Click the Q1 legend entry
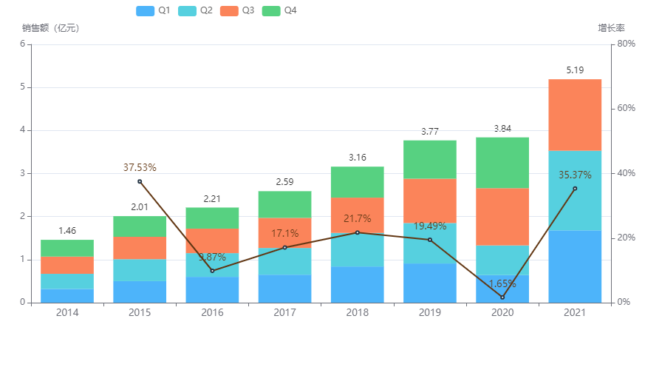pos(154,10)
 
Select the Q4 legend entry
pos(280,10)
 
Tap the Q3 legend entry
pos(238,10)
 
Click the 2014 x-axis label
pos(67,313)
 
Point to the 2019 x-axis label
pos(430,313)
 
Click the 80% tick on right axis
pos(627,44)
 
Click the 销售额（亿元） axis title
pos(50,28)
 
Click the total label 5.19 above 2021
pos(575,70)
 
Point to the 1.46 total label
pos(67,231)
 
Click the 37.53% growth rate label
pos(140,168)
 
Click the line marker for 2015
pos(140,181)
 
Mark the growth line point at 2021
pos(575,188)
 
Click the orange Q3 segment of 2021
pos(575,115)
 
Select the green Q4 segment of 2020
pos(502,163)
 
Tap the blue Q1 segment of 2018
pos(358,285)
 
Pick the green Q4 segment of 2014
pos(67,248)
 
